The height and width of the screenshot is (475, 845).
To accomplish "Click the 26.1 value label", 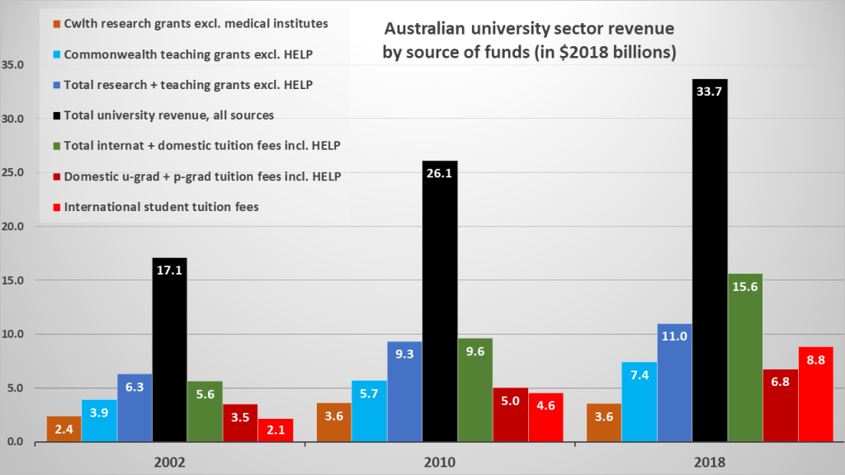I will (440, 172).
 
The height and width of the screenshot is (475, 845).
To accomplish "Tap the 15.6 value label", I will (745, 285).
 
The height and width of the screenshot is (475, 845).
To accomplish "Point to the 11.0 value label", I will (674, 336).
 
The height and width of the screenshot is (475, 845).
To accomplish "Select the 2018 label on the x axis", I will (710, 462).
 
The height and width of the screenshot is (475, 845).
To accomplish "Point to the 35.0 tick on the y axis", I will (14, 65).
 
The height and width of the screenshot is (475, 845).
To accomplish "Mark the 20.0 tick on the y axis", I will (14, 227).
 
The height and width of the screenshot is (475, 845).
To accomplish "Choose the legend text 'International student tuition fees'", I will (162, 207).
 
